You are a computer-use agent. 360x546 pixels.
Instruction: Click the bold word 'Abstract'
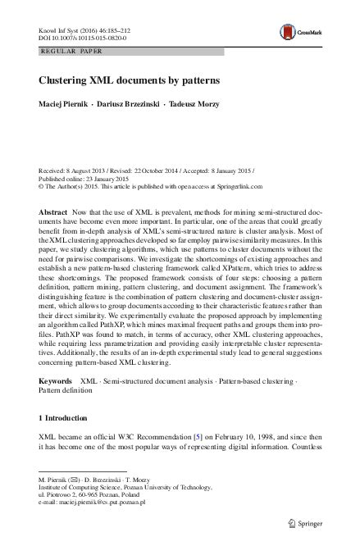pos(54,212)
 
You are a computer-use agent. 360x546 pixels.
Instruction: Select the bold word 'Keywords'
pos(57,382)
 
